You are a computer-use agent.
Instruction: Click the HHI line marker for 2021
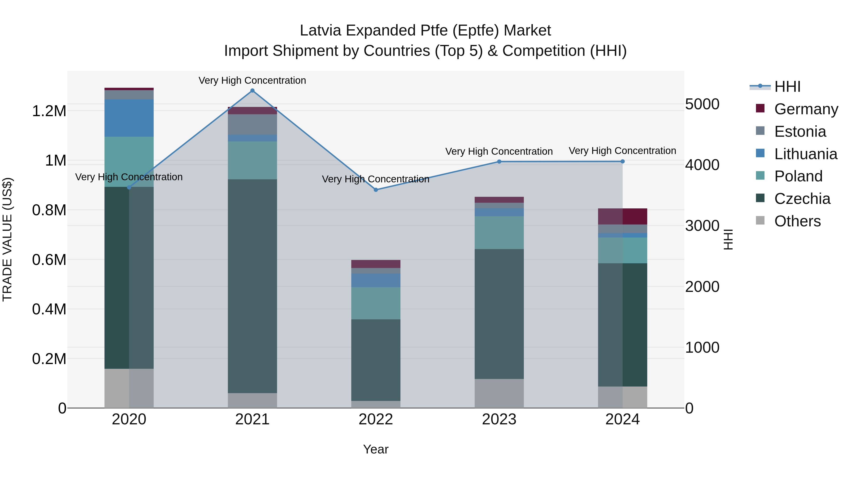[252, 91]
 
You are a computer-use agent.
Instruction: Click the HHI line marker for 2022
[376, 190]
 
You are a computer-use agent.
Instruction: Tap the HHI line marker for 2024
[622, 161]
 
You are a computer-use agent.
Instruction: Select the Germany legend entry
[806, 109]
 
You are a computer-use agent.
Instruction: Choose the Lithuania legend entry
[805, 154]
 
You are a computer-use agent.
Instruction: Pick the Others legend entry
[797, 221]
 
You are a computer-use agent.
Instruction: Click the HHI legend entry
[787, 87]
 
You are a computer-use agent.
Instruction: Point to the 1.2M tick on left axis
[49, 111]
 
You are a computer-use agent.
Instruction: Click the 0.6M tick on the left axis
[49, 260]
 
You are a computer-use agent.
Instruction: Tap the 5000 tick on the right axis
[702, 104]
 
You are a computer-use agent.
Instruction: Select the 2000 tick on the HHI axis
[702, 287]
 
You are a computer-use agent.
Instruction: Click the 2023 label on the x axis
[499, 419]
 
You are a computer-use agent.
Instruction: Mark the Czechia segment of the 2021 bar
[252, 286]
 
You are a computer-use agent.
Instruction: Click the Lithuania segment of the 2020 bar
[129, 118]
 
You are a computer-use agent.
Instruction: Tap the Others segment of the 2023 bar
[499, 393]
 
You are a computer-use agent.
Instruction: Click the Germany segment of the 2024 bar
[622, 216]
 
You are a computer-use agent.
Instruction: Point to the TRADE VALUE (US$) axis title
[7, 239]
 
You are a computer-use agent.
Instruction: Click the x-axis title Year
[376, 449]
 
